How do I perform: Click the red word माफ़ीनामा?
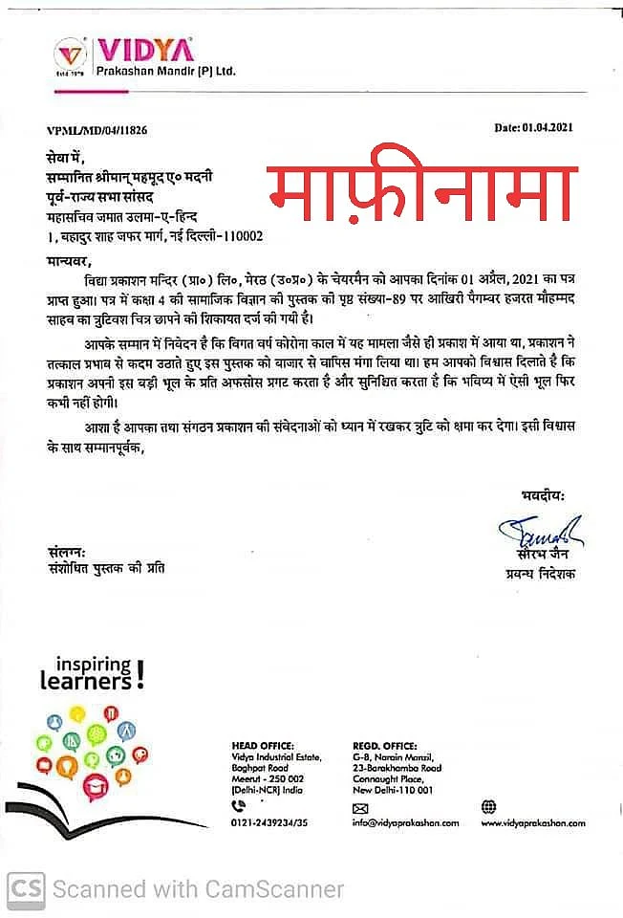(421, 189)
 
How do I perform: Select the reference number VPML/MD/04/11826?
(97, 128)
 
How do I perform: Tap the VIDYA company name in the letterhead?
(144, 50)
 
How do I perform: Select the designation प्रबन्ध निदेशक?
(540, 574)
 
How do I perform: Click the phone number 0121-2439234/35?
(271, 822)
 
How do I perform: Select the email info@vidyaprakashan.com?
(405, 822)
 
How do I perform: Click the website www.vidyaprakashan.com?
(532, 822)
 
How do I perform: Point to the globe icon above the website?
(488, 806)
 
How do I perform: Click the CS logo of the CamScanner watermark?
(26, 888)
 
